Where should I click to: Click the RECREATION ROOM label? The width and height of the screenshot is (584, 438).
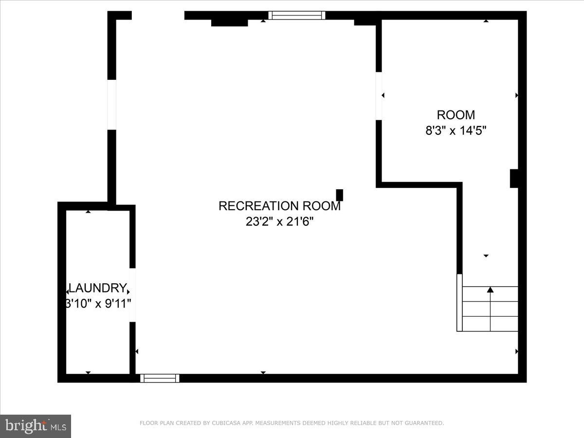(x=279, y=206)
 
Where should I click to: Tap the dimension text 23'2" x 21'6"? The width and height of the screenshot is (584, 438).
(x=279, y=222)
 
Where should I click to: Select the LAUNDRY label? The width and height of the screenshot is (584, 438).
(x=98, y=288)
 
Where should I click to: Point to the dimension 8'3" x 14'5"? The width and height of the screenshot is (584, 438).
(x=456, y=130)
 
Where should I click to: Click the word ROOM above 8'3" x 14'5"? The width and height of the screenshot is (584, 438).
(x=456, y=115)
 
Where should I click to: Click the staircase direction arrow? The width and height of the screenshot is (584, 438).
(x=490, y=291)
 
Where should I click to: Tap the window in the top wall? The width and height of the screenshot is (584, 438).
(x=296, y=15)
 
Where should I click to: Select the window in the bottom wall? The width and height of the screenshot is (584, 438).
(x=160, y=378)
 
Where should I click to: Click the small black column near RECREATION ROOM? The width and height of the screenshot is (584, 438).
(x=340, y=195)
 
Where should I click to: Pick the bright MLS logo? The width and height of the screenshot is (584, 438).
(x=36, y=426)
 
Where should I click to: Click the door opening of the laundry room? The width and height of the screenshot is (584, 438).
(x=132, y=294)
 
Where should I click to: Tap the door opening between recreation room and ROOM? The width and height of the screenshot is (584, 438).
(x=379, y=96)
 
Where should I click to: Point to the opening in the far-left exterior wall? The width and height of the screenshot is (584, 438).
(x=112, y=105)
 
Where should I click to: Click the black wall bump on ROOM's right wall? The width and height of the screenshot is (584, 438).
(x=513, y=178)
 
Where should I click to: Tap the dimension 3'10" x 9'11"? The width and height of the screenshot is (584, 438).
(x=99, y=303)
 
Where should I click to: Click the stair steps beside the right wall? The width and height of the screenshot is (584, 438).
(x=489, y=309)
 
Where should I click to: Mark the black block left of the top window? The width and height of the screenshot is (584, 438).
(x=229, y=22)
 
